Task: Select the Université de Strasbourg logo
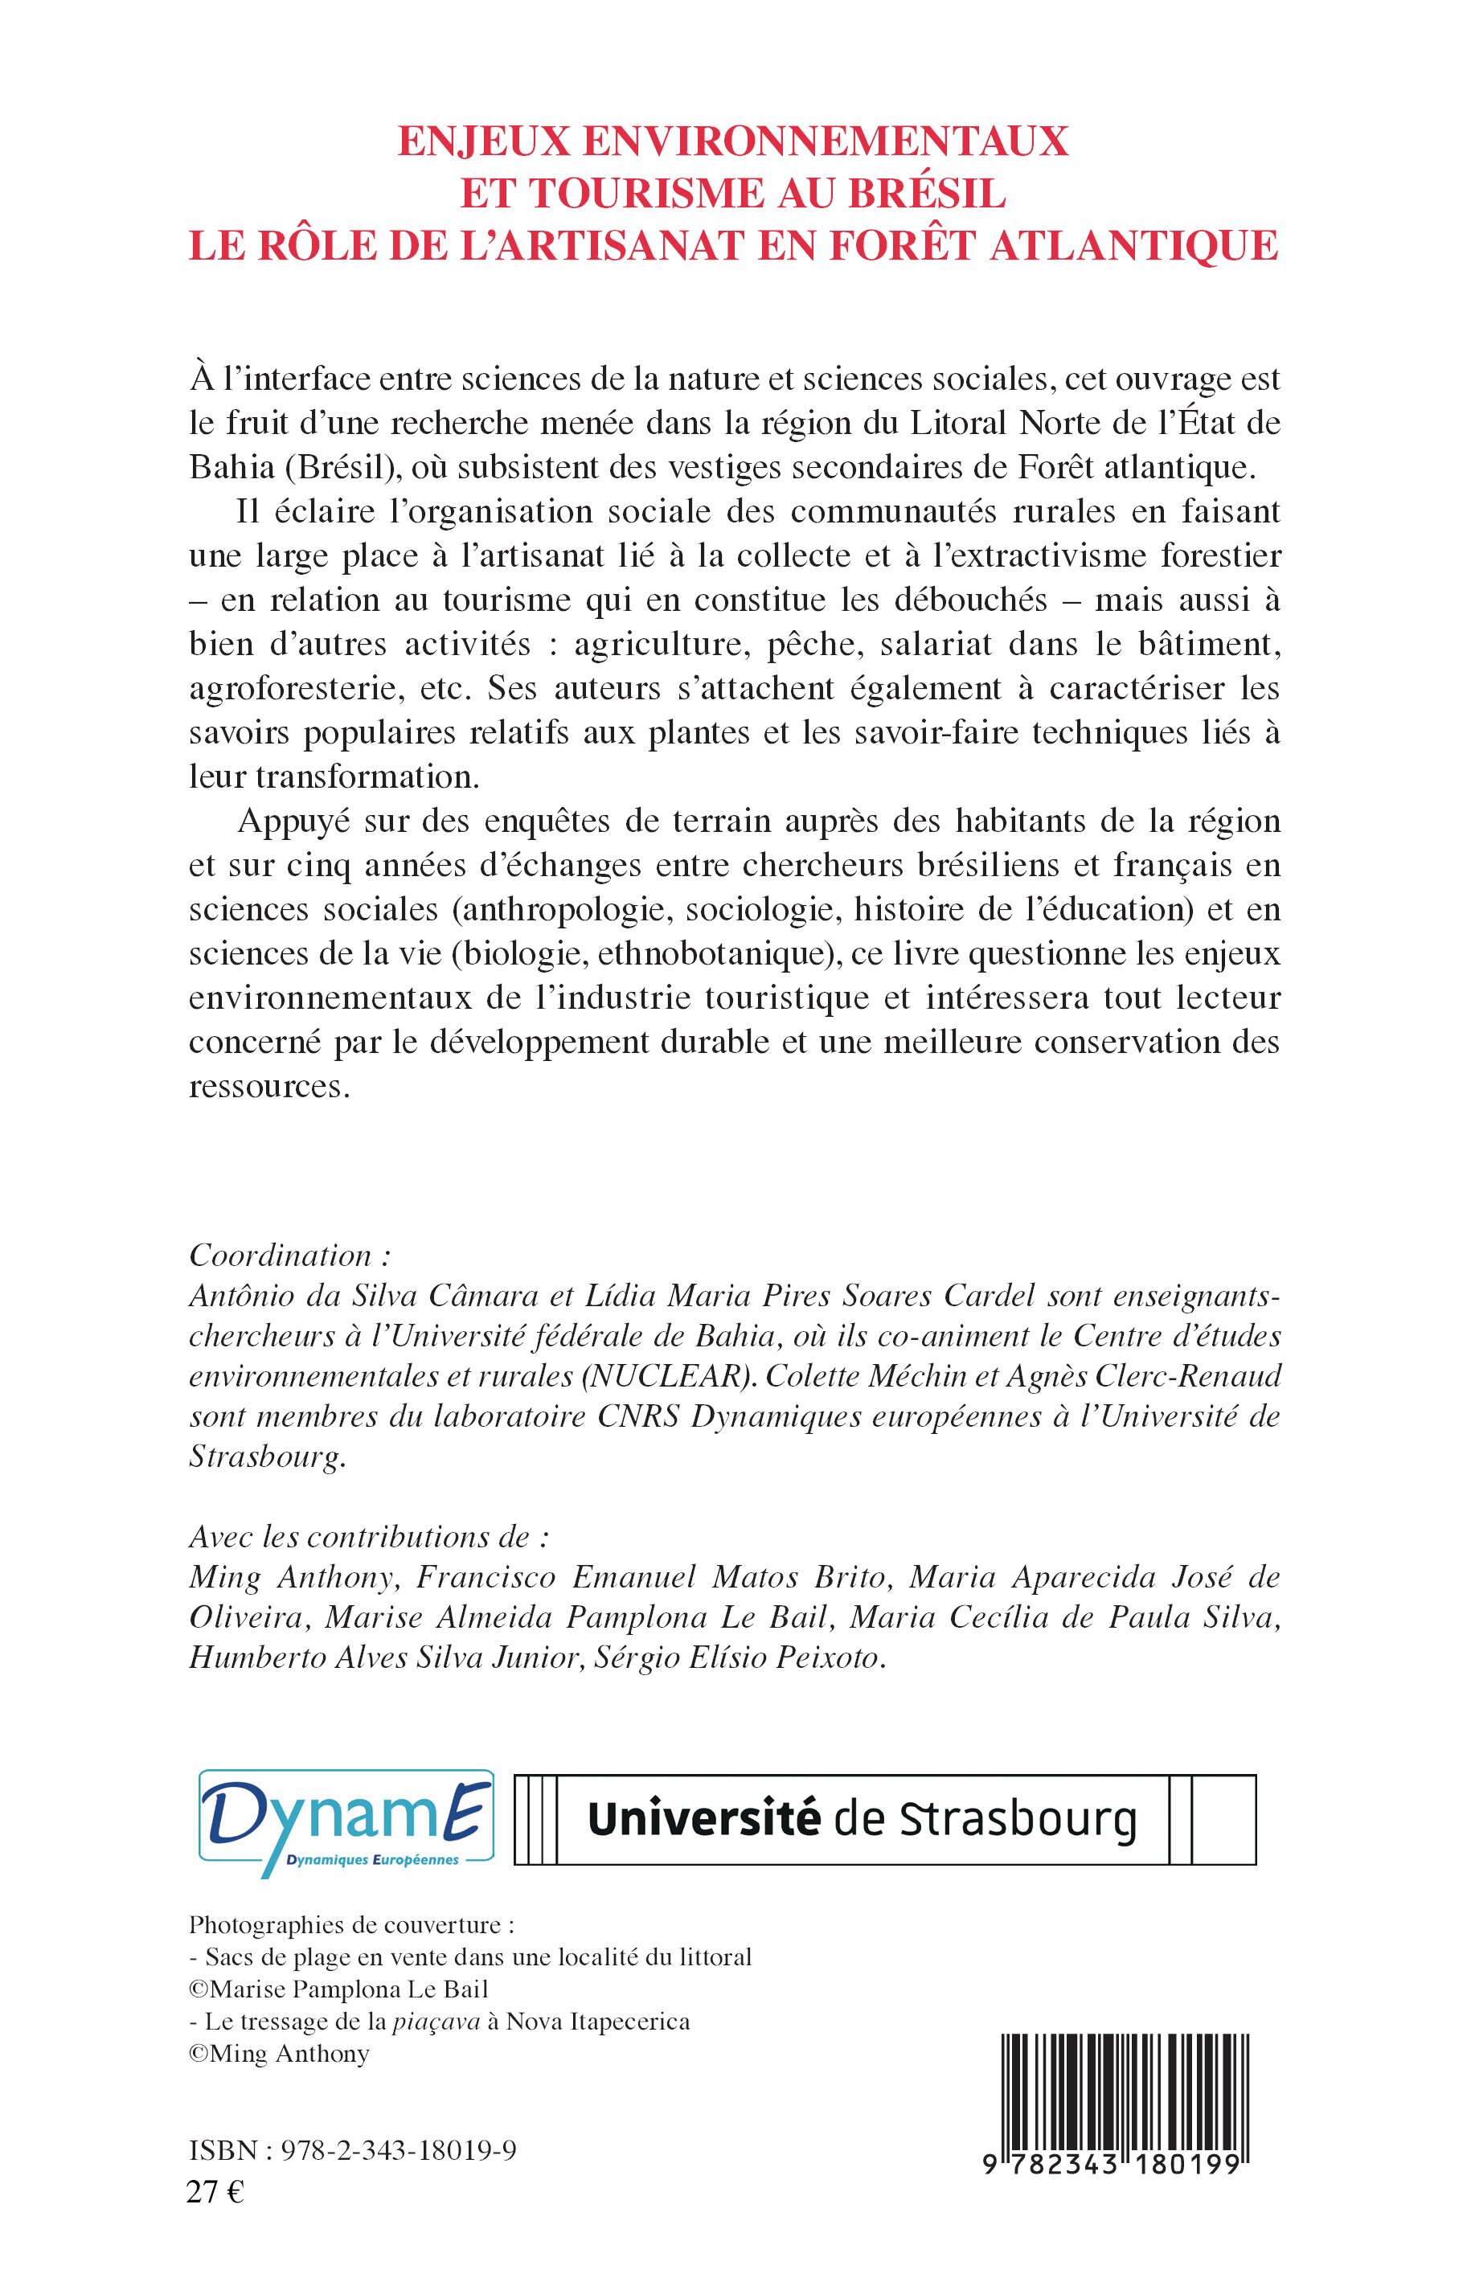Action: (x=884, y=1820)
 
